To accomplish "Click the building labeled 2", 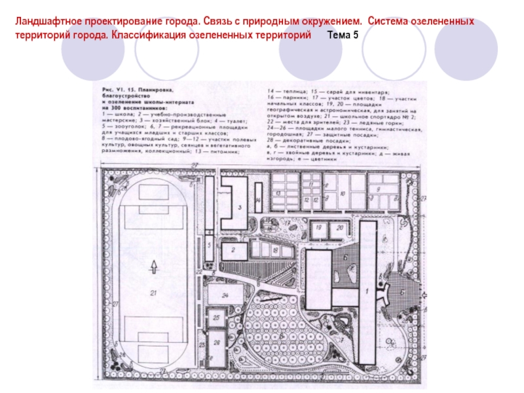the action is point(233,250).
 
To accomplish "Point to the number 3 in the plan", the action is point(240,208).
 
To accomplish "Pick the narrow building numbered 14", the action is point(258,200).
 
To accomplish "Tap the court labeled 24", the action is point(224,295).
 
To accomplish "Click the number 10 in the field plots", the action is point(343,195).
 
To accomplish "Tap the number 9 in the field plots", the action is point(379,189).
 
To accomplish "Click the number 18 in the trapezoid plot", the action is point(275,250).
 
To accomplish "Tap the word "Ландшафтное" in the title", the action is point(46,22).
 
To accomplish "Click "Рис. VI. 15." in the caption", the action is point(119,88).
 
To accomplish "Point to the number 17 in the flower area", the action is point(287,223).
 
